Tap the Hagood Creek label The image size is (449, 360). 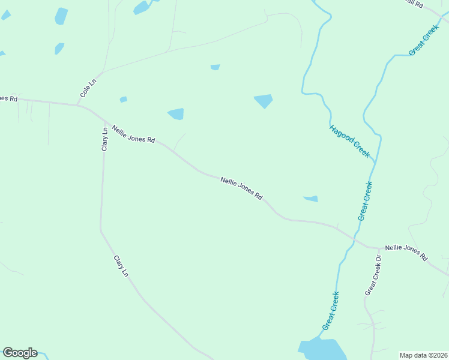pyautogui.click(x=349, y=141)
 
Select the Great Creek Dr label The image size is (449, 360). pyautogui.click(x=373, y=275)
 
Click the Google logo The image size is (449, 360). pyautogui.click(x=20, y=353)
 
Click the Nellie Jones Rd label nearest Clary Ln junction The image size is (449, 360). pyautogui.click(x=133, y=133)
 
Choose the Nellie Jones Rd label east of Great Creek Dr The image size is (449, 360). pyautogui.click(x=406, y=251)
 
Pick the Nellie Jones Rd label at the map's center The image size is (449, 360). pyautogui.click(x=241, y=188)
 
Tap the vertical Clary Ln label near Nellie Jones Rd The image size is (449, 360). pyautogui.click(x=104, y=137)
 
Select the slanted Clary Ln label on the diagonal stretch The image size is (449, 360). pyautogui.click(x=121, y=266)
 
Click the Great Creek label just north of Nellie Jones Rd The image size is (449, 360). pyautogui.click(x=365, y=201)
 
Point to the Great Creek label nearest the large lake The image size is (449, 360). pyautogui.click(x=331, y=310)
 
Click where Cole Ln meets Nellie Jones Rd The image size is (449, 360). pyautogui.click(x=77, y=105)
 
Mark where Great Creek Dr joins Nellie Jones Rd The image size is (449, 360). pyautogui.click(x=380, y=248)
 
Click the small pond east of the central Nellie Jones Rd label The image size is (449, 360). pyautogui.click(x=311, y=199)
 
